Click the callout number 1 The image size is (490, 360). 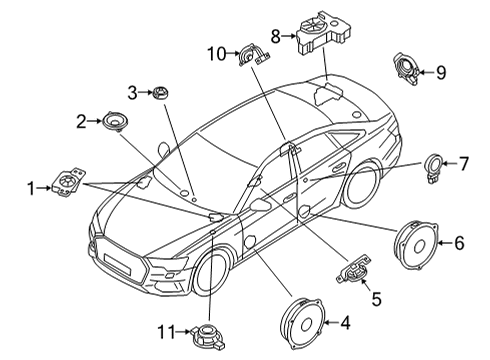31,189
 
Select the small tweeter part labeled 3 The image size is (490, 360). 160,92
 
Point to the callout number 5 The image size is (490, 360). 376,299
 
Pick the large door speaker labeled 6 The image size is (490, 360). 416,244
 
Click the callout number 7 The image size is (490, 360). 464,163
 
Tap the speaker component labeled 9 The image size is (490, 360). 406,68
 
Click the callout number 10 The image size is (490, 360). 217,53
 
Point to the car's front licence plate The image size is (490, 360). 116,262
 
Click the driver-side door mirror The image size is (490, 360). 260,205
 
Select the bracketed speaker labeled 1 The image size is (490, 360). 69,181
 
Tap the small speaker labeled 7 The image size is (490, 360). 433,168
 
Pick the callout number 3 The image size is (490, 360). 132,93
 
